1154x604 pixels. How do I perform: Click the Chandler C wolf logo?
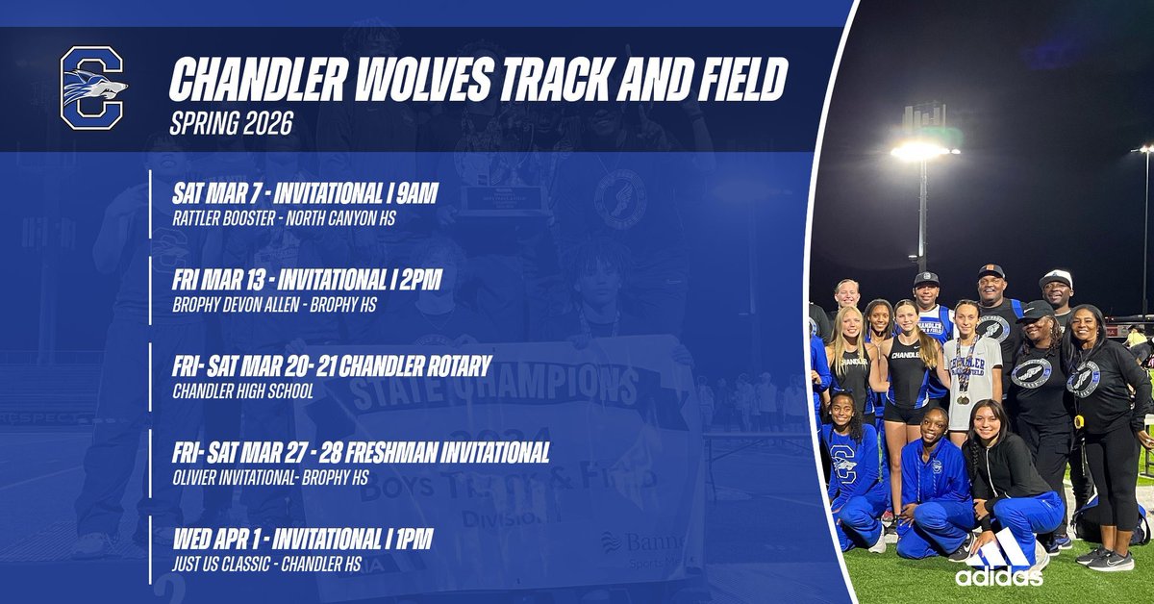click(x=93, y=88)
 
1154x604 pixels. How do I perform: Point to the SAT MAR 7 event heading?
click(x=303, y=195)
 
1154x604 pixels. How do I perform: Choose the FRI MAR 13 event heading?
click(x=305, y=282)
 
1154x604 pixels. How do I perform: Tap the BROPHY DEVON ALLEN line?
click(x=272, y=305)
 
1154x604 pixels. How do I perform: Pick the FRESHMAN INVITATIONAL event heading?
click(x=359, y=453)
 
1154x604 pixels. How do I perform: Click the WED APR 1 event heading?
click(x=300, y=540)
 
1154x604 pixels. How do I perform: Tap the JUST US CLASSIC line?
click(x=264, y=564)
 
